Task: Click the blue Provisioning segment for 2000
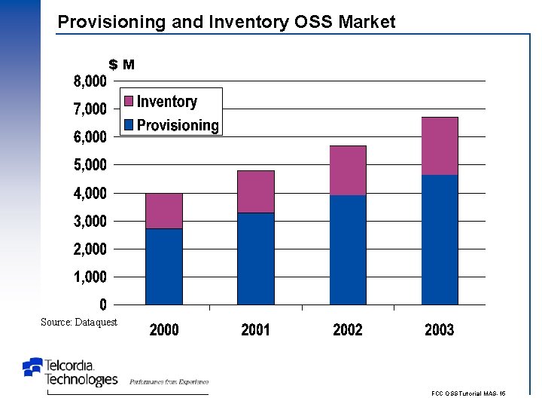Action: [x=164, y=266]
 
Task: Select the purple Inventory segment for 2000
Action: [x=164, y=211]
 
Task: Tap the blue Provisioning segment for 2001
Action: [x=256, y=259]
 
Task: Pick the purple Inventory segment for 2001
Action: [x=256, y=191]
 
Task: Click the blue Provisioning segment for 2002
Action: [x=348, y=249]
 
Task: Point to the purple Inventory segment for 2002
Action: [x=348, y=170]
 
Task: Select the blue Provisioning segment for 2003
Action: [x=440, y=240]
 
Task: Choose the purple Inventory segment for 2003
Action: [x=440, y=146]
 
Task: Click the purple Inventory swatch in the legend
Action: [x=128, y=102]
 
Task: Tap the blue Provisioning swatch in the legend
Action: [x=128, y=125]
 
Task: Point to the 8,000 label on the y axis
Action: [x=90, y=81]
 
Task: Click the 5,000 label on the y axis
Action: [x=90, y=164]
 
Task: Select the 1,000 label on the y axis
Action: [x=90, y=277]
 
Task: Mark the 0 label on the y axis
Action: [x=102, y=304]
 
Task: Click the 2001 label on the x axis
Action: [x=256, y=329]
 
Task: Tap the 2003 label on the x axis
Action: [x=440, y=329]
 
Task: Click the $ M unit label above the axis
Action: [x=122, y=65]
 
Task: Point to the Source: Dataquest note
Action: [x=79, y=322]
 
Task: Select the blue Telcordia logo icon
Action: [x=33, y=367]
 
